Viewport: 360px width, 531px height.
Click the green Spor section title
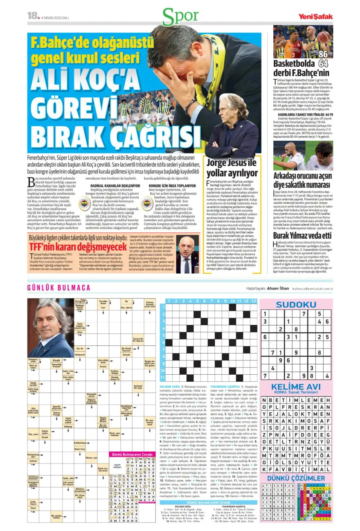click(180, 16)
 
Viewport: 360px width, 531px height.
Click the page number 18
click(32, 16)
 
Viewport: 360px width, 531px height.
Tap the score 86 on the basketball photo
click(323, 54)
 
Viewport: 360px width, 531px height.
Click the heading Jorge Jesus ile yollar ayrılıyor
click(232, 167)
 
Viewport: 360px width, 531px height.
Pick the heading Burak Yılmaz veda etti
click(302, 236)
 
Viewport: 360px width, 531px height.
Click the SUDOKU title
click(296, 304)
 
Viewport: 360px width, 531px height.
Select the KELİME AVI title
click(296, 387)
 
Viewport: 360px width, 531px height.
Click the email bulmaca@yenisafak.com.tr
click(312, 288)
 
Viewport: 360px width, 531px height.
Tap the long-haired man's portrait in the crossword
click(51, 327)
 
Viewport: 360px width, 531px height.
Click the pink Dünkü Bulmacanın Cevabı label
click(131, 454)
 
